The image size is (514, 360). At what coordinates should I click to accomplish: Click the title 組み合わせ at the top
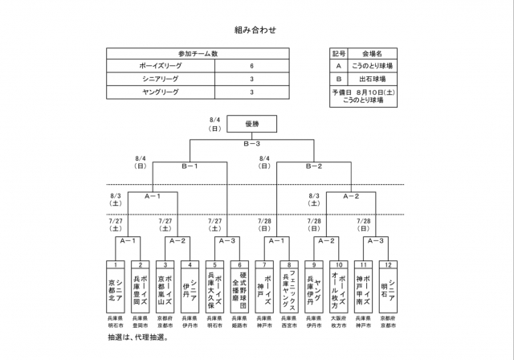point(256,30)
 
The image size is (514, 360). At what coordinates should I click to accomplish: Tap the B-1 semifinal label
point(190,166)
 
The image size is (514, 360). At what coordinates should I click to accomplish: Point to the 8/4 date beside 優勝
point(214,124)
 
